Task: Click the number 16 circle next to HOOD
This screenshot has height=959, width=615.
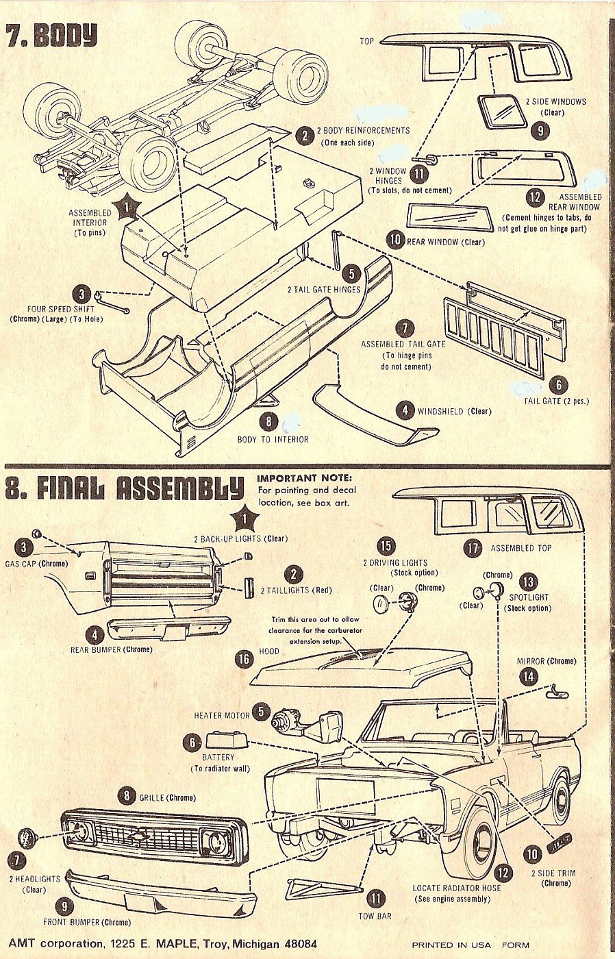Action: click(x=244, y=659)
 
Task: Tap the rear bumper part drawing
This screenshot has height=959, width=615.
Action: click(x=169, y=627)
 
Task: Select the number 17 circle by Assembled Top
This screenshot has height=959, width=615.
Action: click(x=473, y=547)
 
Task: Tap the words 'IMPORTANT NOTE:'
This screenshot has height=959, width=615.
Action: click(x=304, y=477)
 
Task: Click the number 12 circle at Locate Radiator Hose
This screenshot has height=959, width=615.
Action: click(x=503, y=873)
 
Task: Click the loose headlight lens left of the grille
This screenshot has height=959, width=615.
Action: click(x=27, y=837)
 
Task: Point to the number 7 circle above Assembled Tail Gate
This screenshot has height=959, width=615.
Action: click(x=405, y=328)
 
